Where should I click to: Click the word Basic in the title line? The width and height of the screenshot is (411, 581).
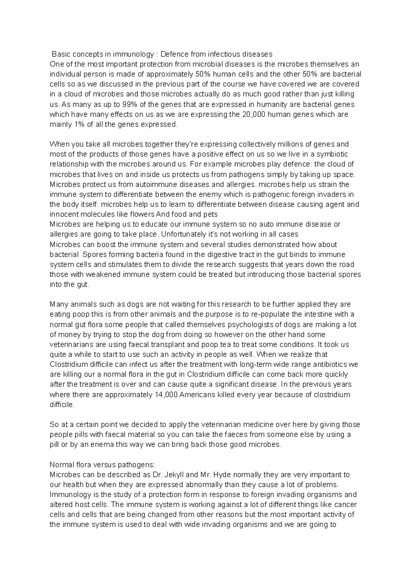[x=60, y=54]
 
